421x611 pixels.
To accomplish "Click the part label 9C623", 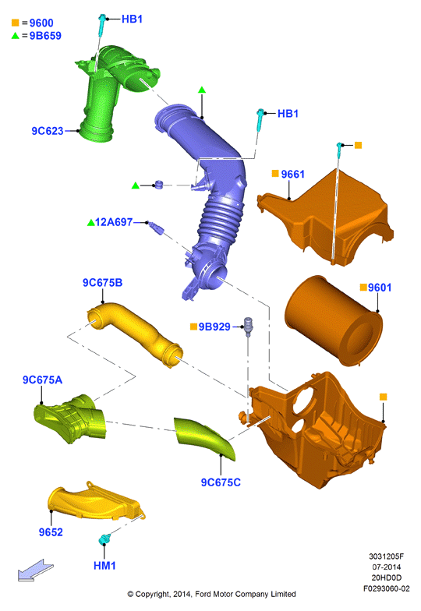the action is [47, 131].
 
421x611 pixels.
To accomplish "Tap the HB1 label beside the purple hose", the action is [288, 114].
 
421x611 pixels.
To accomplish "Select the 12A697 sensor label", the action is [114, 222].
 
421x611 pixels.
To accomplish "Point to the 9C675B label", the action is [103, 282].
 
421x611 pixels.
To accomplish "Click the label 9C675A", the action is [42, 380].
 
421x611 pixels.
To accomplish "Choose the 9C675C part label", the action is [221, 482].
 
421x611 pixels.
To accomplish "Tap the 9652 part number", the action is [51, 532].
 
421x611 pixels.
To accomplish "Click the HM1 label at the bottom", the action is [104, 566].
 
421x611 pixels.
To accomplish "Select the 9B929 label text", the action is [214, 327].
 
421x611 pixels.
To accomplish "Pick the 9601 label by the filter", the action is [380, 288].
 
